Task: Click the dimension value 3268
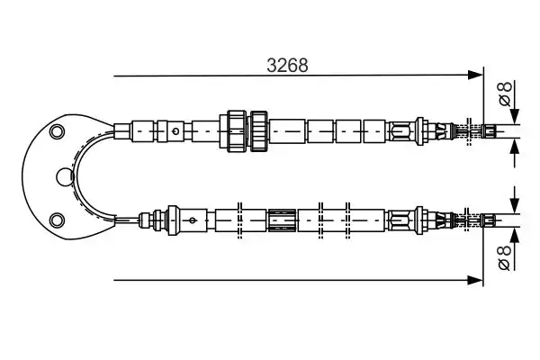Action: tap(287, 65)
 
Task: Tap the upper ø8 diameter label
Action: tap(505, 94)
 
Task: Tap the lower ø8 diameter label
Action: tap(505, 257)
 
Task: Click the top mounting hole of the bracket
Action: tap(57, 131)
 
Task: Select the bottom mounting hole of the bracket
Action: tap(57, 220)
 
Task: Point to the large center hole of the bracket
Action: tap(65, 176)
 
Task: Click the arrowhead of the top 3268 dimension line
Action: tap(475, 75)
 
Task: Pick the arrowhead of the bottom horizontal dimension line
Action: tap(475, 280)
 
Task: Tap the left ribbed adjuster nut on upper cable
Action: tap(237, 130)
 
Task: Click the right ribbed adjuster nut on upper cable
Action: tap(259, 130)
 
